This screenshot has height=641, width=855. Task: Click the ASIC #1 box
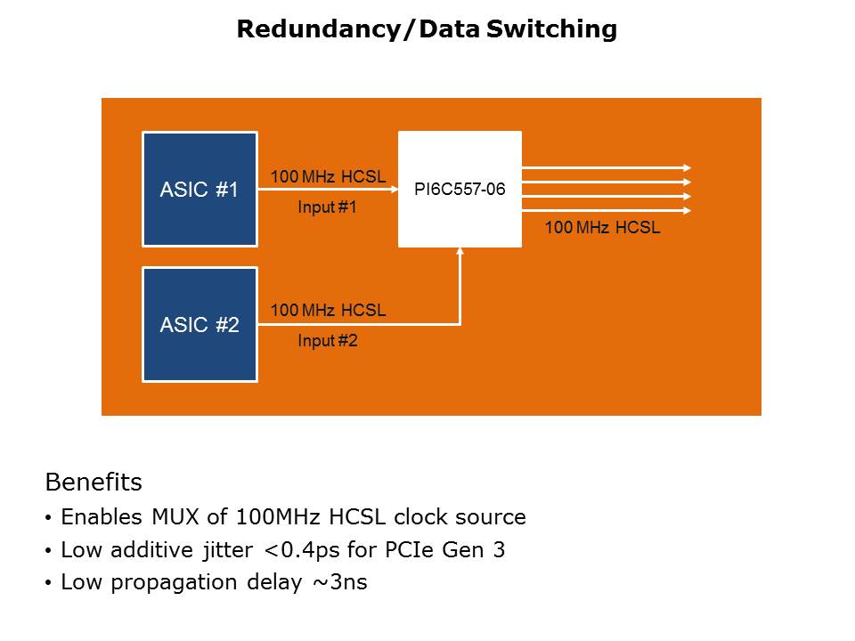click(199, 189)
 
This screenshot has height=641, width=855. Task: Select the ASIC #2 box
click(199, 324)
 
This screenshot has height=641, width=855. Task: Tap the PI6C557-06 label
click(460, 189)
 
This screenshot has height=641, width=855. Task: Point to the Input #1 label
click(327, 207)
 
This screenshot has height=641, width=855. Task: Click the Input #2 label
click(328, 341)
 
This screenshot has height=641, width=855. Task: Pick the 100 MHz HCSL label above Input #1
click(329, 176)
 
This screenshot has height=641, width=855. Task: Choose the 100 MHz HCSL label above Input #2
click(329, 310)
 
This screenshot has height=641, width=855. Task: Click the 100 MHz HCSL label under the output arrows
click(603, 227)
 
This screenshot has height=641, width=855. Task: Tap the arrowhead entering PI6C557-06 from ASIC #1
click(395, 189)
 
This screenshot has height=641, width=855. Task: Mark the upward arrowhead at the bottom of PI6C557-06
click(460, 251)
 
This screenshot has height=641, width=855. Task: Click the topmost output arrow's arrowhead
click(688, 168)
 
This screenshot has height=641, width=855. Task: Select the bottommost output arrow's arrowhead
click(688, 210)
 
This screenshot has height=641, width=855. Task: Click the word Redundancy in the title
click(319, 29)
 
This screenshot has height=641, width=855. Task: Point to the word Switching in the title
click(551, 29)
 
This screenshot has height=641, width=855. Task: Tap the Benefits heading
click(94, 482)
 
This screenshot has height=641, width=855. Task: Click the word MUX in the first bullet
click(175, 516)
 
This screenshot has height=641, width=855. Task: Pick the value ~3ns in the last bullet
click(340, 582)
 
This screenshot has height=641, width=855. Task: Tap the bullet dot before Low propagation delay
click(48, 584)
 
